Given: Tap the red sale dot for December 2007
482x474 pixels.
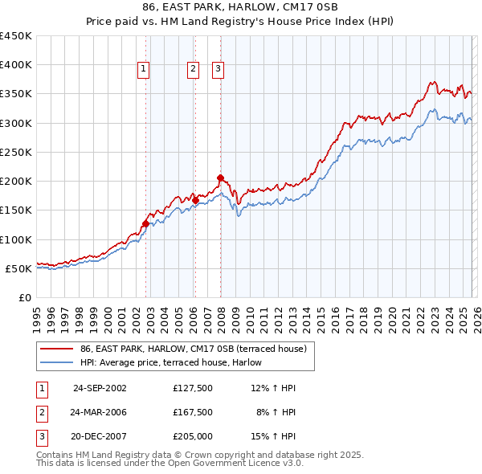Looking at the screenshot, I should pos(220,178).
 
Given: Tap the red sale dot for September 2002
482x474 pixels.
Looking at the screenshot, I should pos(145,223).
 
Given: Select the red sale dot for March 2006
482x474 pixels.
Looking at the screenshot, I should pos(195,200).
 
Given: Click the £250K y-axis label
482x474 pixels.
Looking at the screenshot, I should pos(16,153).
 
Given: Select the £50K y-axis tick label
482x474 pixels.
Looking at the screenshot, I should pos(19,269).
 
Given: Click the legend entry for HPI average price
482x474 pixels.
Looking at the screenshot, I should pos(170,362).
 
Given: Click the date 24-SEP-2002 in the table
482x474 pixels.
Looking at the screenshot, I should pos(100,388).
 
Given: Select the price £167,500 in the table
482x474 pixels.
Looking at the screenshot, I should pos(193,411).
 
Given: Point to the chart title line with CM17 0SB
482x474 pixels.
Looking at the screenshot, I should pos(240,9).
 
